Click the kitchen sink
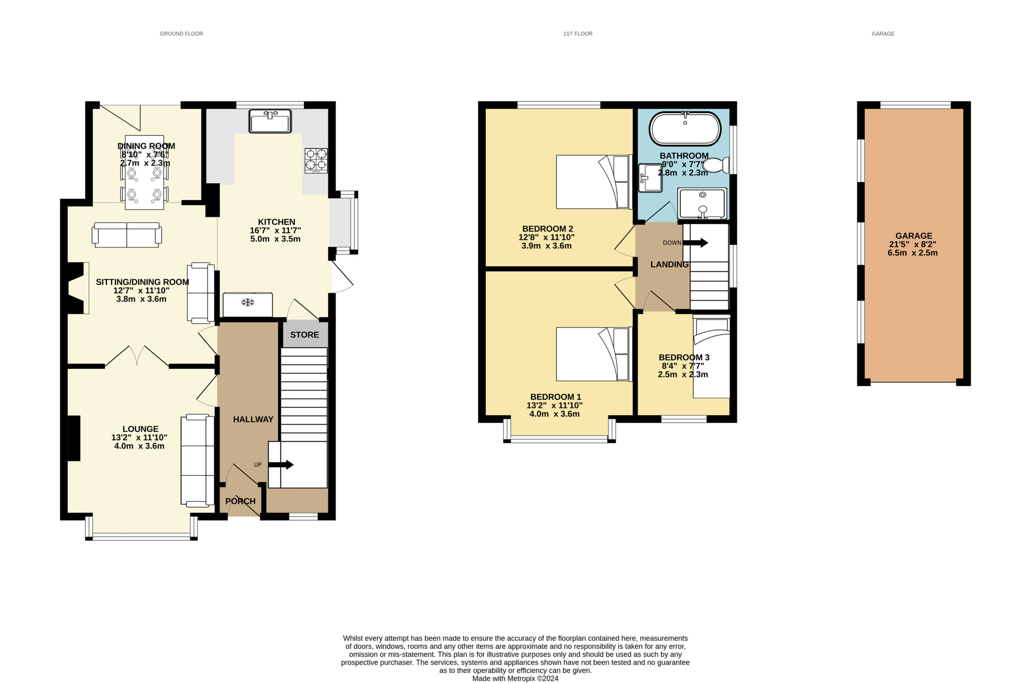270,121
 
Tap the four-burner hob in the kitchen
316,161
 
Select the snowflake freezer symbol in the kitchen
248,302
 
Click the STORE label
304,335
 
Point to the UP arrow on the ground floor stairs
281,465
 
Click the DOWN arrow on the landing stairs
696,242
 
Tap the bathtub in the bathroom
685,128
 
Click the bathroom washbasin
650,178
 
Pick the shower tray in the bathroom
702,203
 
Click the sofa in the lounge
198,460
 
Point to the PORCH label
240,501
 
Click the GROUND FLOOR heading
181,33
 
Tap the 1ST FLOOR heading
578,33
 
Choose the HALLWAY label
253,419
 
